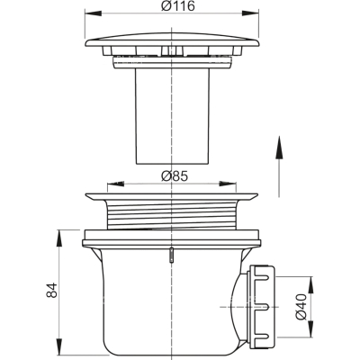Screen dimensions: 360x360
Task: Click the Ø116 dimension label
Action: point(177,6)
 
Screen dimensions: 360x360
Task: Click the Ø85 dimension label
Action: point(174,176)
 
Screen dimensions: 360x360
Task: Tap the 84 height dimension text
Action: point(51,290)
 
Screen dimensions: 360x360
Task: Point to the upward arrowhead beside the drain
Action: point(279,147)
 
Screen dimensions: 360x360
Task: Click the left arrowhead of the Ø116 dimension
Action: point(94,13)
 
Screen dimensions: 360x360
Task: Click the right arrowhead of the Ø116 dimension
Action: point(250,13)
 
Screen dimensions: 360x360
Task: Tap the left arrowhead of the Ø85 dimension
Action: point(115,184)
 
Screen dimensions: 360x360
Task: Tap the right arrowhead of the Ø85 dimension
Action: point(228,184)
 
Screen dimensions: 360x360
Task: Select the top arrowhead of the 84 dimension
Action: point(59,238)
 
